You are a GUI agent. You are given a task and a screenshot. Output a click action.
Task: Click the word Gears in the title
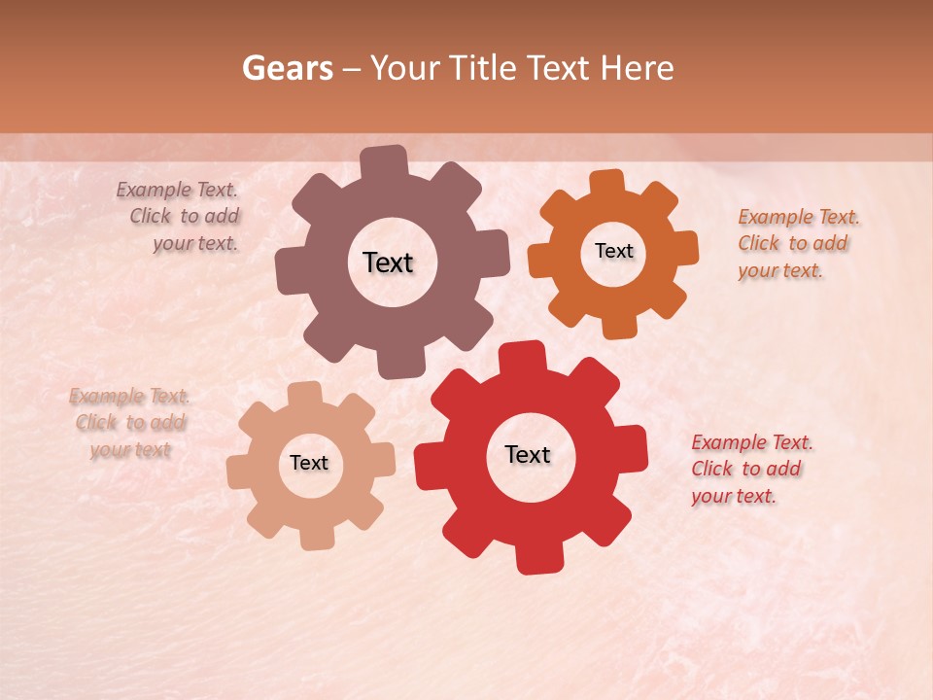[x=287, y=68]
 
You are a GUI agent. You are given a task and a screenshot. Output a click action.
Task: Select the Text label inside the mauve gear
[x=388, y=262]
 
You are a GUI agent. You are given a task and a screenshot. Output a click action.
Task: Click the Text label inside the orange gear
[x=613, y=251]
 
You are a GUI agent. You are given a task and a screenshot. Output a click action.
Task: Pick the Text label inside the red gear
[x=528, y=454]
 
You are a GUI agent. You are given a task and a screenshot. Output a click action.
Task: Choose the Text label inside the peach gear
[x=309, y=463]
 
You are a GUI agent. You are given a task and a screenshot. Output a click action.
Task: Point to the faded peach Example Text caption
[x=129, y=423]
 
